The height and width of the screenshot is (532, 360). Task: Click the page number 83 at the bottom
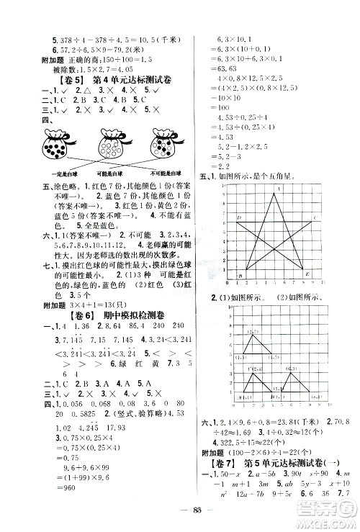(180, 512)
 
